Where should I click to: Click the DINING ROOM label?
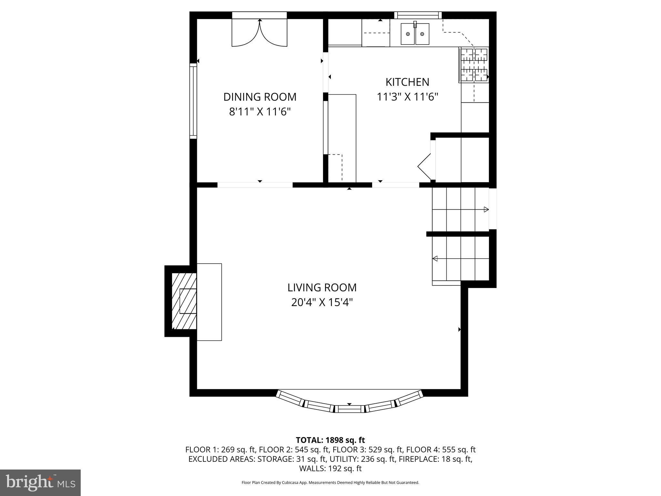pos(260,97)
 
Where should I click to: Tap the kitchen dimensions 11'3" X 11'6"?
pos(407,97)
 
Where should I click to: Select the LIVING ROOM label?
pos(322,287)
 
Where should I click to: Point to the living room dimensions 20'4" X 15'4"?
pos(322,303)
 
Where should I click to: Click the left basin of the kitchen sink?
pos(408,34)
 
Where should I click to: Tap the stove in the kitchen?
pos(474,64)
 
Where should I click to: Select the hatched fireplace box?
pos(184,301)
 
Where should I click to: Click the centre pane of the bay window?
pos(349,409)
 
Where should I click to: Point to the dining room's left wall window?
pos(193,101)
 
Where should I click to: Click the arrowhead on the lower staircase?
pos(435,258)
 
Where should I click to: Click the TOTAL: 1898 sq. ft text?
pos(330,440)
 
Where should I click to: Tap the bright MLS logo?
pos(40,482)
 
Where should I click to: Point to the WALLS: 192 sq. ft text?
pos(330,469)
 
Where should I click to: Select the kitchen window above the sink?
pos(418,15)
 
